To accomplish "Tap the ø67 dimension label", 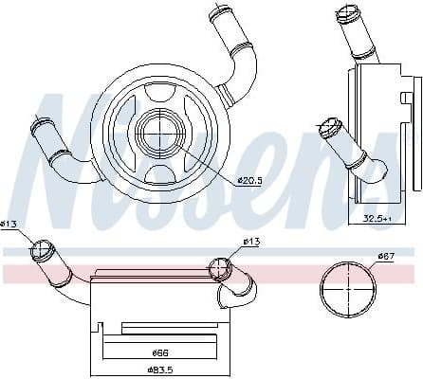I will tap(386, 255).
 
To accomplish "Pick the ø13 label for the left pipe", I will tap(9, 224).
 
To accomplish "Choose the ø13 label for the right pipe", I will tap(251, 242).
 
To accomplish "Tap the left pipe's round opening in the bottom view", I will tap(40, 250).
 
